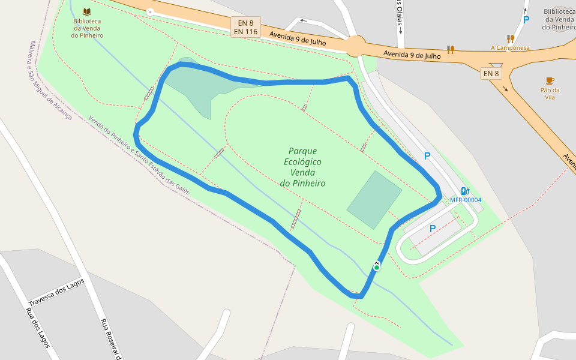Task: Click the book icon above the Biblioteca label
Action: tap(87, 12)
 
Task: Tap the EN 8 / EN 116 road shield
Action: tap(245, 27)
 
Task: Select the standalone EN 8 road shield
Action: tap(491, 74)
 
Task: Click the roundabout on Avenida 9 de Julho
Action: tap(355, 45)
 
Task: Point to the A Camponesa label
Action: tap(510, 48)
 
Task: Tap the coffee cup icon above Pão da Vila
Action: tap(550, 80)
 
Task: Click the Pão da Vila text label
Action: tap(550, 94)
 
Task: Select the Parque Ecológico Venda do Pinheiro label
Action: tap(302, 167)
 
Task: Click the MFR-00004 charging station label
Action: tap(466, 200)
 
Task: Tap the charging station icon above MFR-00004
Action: tap(464, 191)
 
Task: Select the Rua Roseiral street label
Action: tap(111, 339)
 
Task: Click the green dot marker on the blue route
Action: tap(376, 268)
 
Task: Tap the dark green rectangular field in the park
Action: tap(374, 200)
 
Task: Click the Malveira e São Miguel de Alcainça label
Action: tap(50, 80)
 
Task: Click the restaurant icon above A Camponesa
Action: tap(511, 39)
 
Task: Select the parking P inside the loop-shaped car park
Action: tap(432, 229)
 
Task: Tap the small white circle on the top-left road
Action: tap(150, 12)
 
